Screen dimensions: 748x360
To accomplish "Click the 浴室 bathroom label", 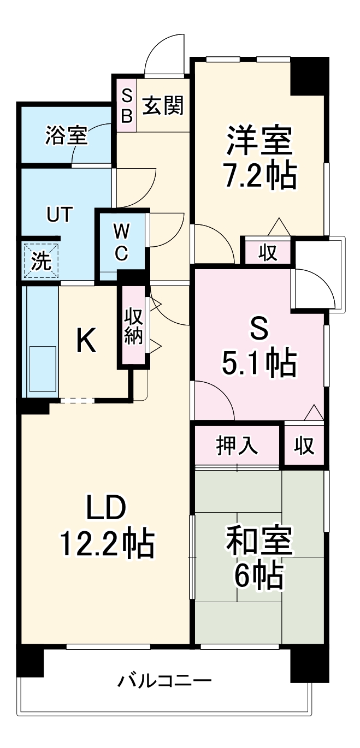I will click(67, 136).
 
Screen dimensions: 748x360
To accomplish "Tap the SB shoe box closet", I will click(126, 105).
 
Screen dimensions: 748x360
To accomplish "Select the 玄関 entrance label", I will click(162, 105).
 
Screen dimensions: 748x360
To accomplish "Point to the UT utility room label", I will click(58, 215).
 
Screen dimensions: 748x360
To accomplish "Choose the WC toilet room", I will click(121, 241).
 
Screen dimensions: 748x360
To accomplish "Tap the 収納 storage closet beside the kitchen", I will click(133, 326).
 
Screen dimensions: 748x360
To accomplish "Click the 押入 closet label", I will click(237, 446).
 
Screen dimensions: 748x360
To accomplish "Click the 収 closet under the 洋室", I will click(268, 253).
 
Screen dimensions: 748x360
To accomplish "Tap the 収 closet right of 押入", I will click(305, 446).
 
